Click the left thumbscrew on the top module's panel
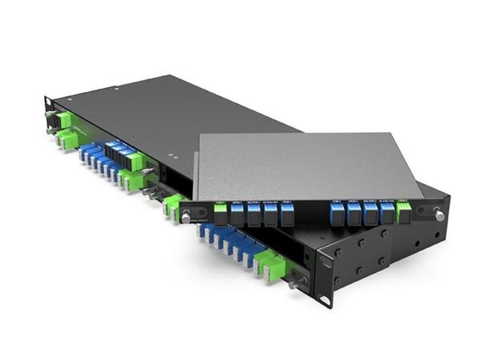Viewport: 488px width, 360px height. (x=186, y=214)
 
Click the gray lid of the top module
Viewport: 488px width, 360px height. (x=312, y=164)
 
